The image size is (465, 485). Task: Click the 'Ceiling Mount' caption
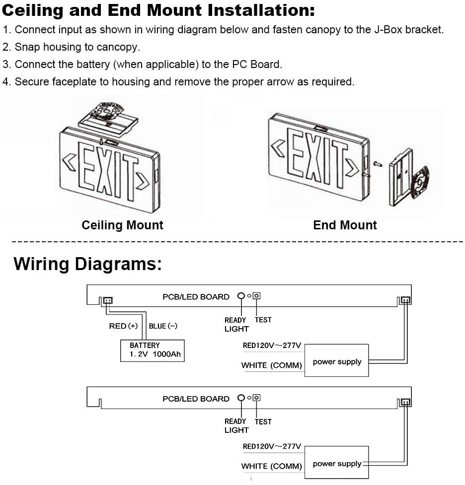click(x=122, y=225)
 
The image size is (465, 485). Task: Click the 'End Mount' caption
click(x=345, y=225)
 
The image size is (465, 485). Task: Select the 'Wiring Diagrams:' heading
click(x=87, y=264)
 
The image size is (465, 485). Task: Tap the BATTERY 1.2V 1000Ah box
click(x=153, y=350)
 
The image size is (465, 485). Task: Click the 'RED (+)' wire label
click(x=123, y=326)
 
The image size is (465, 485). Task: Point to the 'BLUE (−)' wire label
click(x=163, y=326)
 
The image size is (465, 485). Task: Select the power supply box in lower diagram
click(x=337, y=463)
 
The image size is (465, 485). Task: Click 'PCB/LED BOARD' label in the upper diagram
click(x=196, y=297)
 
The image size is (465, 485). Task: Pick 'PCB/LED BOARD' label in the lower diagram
click(x=196, y=399)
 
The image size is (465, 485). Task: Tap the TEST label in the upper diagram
click(x=263, y=320)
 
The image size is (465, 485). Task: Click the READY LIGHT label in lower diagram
click(x=236, y=425)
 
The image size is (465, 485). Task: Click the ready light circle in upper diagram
click(x=241, y=296)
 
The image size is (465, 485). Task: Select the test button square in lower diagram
click(x=256, y=398)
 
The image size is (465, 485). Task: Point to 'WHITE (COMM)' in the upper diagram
click(x=271, y=365)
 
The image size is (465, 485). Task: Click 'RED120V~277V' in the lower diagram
click(x=272, y=446)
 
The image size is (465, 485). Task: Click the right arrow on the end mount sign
click(x=353, y=167)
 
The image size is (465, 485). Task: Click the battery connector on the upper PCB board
click(x=107, y=300)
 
